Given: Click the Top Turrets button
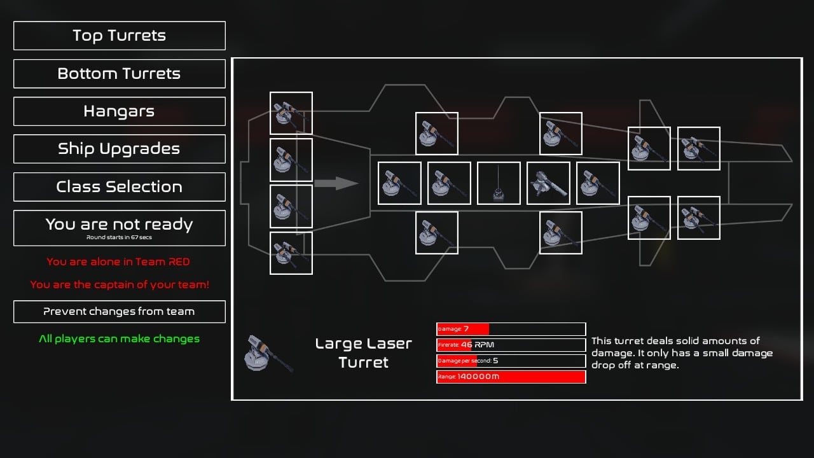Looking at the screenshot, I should [120, 36].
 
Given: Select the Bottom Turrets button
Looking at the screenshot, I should [120, 74].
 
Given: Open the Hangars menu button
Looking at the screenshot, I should [120, 111].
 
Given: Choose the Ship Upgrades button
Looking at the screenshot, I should [120, 149].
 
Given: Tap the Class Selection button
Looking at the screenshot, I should [120, 187].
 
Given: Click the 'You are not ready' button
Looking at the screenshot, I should [120, 228].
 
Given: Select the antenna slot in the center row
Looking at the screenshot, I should [499, 183].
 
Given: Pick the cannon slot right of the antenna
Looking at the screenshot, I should [548, 183].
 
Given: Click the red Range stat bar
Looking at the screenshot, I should [511, 377].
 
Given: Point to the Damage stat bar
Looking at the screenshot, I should [511, 330].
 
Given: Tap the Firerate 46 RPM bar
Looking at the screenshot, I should [511, 345].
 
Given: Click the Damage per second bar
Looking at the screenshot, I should [511, 361].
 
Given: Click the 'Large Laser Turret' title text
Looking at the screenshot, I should [364, 353].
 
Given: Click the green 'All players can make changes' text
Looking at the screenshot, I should [120, 339].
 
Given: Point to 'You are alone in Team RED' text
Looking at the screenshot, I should [118, 262].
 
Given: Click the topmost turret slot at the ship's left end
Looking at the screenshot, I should [291, 113].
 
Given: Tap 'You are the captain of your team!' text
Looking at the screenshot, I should [120, 285].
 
